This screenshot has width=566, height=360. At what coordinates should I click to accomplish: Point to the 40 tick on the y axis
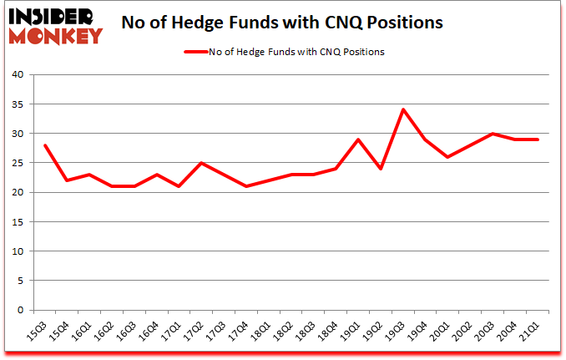18,75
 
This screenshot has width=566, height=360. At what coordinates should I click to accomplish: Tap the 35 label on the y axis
18,104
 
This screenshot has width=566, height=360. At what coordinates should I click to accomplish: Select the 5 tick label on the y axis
21,281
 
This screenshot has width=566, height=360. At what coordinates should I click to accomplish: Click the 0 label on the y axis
21,310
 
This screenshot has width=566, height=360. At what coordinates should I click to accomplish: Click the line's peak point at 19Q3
403,109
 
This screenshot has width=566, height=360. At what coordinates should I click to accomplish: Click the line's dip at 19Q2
381,169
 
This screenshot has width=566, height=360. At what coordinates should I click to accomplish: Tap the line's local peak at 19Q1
358,139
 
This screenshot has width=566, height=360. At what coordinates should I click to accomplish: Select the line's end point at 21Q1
538,139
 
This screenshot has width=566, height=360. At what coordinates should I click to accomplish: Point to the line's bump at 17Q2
200,163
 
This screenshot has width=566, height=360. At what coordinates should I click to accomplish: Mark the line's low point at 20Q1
448,157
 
